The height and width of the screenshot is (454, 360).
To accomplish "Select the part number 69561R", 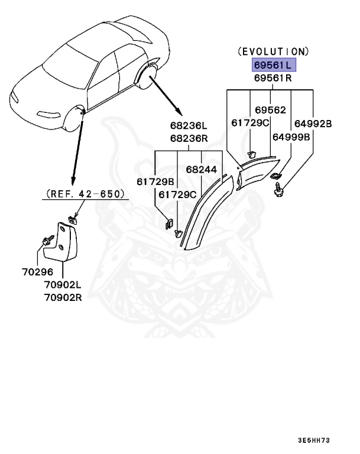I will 272,77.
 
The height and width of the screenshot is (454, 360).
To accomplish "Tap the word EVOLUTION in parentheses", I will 273,52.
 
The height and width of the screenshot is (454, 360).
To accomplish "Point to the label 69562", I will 271,109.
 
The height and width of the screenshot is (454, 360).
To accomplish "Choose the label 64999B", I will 291,137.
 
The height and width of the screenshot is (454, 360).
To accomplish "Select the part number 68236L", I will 189,125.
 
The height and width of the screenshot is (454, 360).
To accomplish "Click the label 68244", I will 202,169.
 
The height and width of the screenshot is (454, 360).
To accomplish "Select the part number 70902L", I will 62,285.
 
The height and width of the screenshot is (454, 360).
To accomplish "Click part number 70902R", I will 62,297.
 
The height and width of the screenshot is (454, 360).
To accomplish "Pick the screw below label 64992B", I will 278,190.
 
